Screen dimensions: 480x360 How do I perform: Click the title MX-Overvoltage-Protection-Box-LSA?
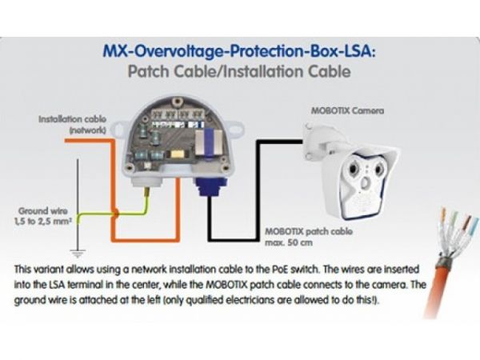pyautogui.click(x=239, y=51)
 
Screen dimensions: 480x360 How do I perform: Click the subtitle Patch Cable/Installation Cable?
pyautogui.click(x=239, y=72)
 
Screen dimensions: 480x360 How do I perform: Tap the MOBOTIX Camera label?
pyautogui.click(x=347, y=110)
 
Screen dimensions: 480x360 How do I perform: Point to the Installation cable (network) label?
pyautogui.click(x=73, y=125)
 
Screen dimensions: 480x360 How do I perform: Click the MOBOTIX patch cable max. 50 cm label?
pyautogui.click(x=309, y=237)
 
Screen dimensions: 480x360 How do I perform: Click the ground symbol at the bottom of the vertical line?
pyautogui.click(x=78, y=254)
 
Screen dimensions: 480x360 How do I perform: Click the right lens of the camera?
pyautogui.click(x=379, y=169)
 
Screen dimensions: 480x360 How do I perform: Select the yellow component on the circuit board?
pyautogui.click(x=177, y=154)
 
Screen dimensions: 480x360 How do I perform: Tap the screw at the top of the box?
pyautogui.click(x=176, y=102)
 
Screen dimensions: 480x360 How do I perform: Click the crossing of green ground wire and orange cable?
pyautogui.click(x=115, y=213)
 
